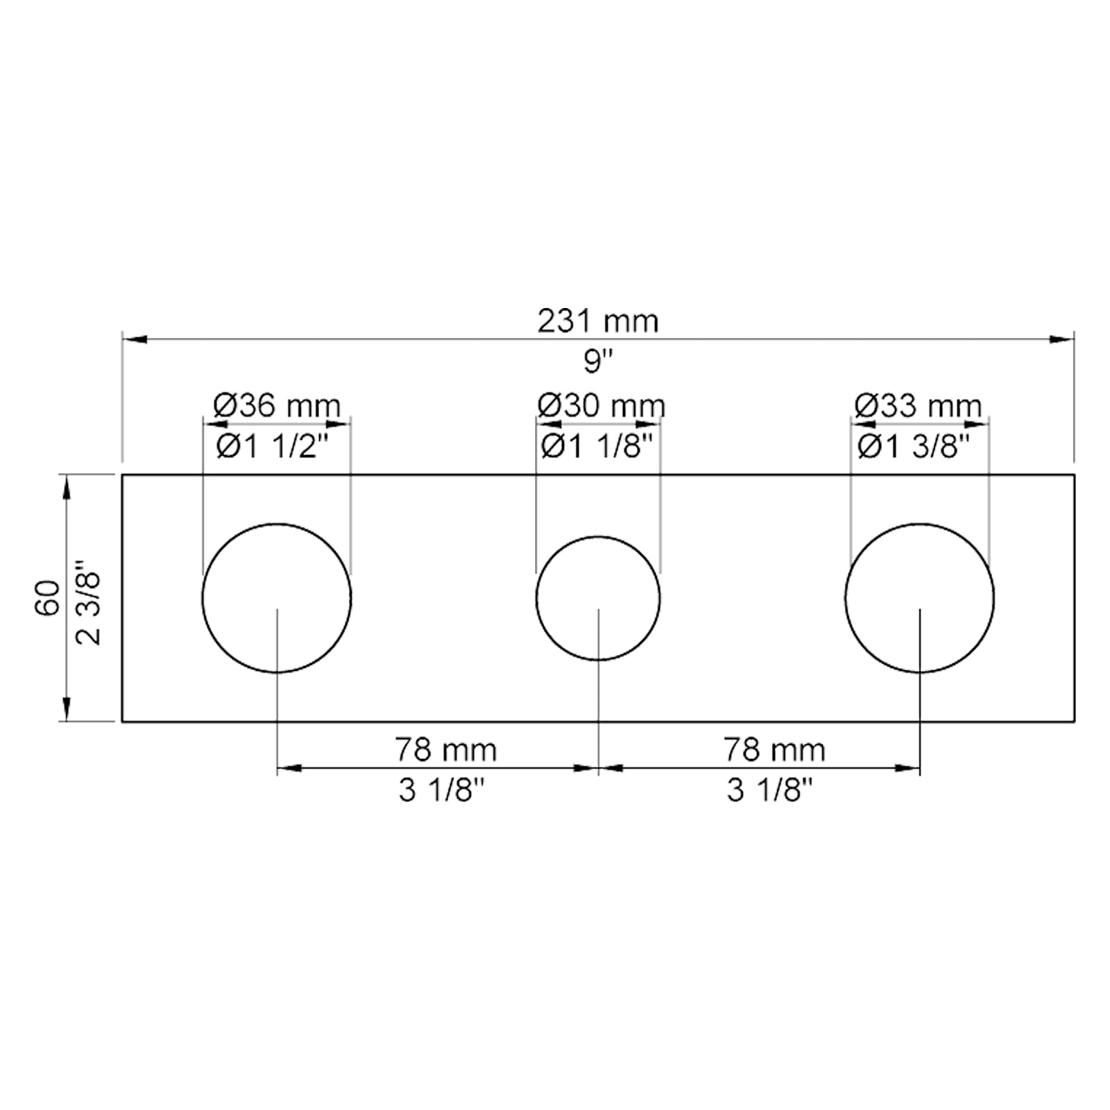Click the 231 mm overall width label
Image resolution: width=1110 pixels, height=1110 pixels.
[x=597, y=321]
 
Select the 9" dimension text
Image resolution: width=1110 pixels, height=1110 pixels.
[x=598, y=361]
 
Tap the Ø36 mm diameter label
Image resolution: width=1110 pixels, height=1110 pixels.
[x=277, y=406]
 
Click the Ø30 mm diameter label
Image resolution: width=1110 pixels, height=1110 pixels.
[x=601, y=406]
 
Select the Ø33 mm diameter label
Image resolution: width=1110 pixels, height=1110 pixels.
[x=918, y=406]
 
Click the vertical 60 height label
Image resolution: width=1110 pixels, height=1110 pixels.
[x=48, y=597]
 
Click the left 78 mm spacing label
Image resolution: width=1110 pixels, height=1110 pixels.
[x=446, y=750]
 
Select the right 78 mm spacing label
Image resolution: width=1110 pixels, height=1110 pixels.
[x=774, y=750]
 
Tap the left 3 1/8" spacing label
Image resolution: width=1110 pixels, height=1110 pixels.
[x=441, y=790]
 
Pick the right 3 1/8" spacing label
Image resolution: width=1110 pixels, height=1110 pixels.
[x=769, y=790]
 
